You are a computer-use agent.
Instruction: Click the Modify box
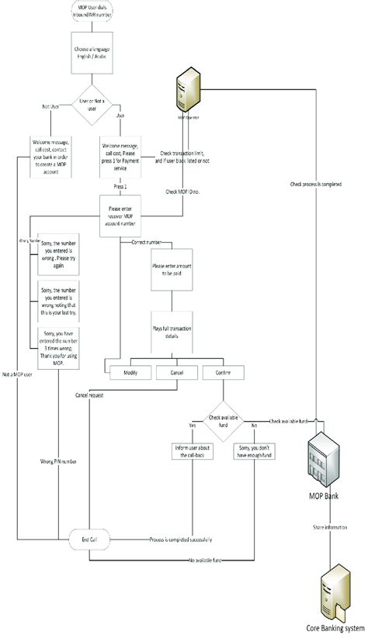(130, 373)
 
